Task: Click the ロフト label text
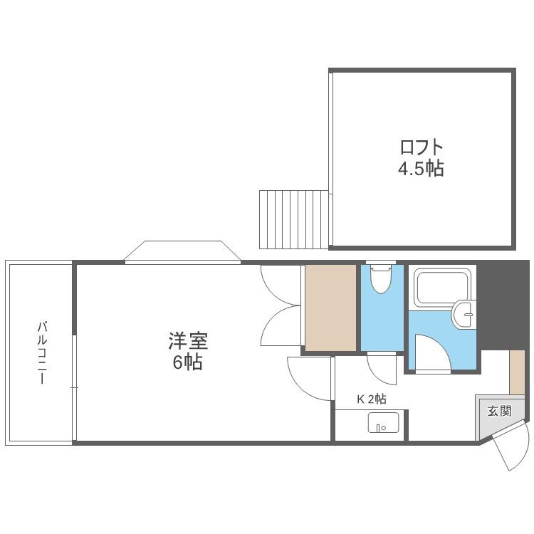[422, 147]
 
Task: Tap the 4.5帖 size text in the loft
[422, 168]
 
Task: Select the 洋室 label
[188, 341]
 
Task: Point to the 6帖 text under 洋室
[188, 362]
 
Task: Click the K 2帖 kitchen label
[372, 399]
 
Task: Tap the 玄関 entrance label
[500, 411]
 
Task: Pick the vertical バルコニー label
[42, 352]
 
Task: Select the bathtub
[442, 287]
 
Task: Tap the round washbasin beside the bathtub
[464, 314]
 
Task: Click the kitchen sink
[383, 422]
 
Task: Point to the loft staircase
[294, 219]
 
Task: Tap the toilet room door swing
[382, 370]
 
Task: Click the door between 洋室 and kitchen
[309, 378]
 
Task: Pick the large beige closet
[330, 308]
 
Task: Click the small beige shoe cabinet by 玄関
[517, 372]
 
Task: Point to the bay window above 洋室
[182, 252]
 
